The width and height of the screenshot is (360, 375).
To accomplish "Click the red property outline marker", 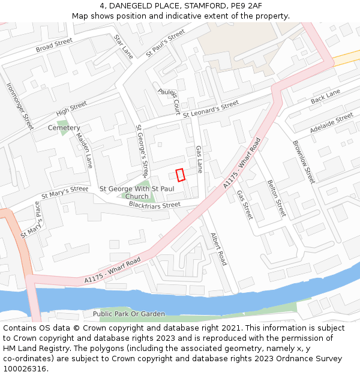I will point(180,175).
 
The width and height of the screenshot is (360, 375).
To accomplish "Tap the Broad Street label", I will point(54,45).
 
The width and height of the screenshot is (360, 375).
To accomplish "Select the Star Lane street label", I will point(124,46).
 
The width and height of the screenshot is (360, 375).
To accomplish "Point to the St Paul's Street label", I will point(166,44).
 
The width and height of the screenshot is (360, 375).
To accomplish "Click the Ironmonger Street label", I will point(20,106).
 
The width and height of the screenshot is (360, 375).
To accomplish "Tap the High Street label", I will point(71,109).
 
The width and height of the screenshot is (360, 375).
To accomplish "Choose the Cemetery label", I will point(64,128).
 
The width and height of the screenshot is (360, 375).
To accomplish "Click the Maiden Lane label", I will point(85,150).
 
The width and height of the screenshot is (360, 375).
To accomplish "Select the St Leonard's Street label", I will point(211,109).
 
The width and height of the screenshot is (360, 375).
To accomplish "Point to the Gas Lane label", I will point(199,158).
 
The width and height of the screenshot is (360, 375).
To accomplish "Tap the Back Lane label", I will point(325,96).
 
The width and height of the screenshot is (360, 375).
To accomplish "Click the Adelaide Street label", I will point(332,123).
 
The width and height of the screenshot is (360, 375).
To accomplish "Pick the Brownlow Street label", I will point(303,162).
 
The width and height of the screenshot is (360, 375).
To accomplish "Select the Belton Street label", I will point(277,199).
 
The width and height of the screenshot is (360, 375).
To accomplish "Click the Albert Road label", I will point(218,249).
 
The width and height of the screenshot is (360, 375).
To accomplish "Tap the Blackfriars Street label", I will point(154,205).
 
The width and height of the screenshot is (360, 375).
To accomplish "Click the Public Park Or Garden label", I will point(128,314).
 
